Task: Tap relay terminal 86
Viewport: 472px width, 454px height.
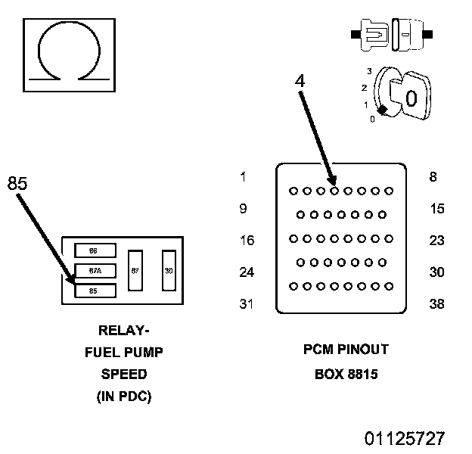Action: (x=95, y=250)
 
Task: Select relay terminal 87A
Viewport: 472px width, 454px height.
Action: (x=95, y=271)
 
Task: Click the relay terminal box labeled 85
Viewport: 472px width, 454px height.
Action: (x=95, y=291)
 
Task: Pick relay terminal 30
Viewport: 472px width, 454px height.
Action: (x=169, y=271)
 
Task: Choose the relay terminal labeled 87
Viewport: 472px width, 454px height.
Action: (x=135, y=271)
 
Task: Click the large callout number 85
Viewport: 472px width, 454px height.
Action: (x=17, y=183)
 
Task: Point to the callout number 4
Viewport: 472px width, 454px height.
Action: (x=300, y=81)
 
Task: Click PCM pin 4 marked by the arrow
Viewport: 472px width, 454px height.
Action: (x=334, y=191)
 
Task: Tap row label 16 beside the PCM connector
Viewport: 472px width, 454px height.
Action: (x=247, y=241)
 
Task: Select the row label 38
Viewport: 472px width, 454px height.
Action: (x=436, y=303)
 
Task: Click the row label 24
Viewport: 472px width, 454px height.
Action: (x=247, y=272)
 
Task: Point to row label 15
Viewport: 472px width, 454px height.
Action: (x=437, y=208)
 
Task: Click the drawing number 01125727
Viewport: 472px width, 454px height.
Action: (x=405, y=438)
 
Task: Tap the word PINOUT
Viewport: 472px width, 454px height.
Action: (x=363, y=350)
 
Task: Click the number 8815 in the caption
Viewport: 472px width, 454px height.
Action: (x=362, y=375)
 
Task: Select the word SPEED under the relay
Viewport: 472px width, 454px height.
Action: (x=124, y=375)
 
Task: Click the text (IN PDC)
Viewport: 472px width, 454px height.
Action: (x=124, y=396)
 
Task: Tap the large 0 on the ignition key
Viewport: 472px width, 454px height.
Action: (x=411, y=98)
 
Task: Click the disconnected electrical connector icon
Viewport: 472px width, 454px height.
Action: (x=392, y=35)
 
